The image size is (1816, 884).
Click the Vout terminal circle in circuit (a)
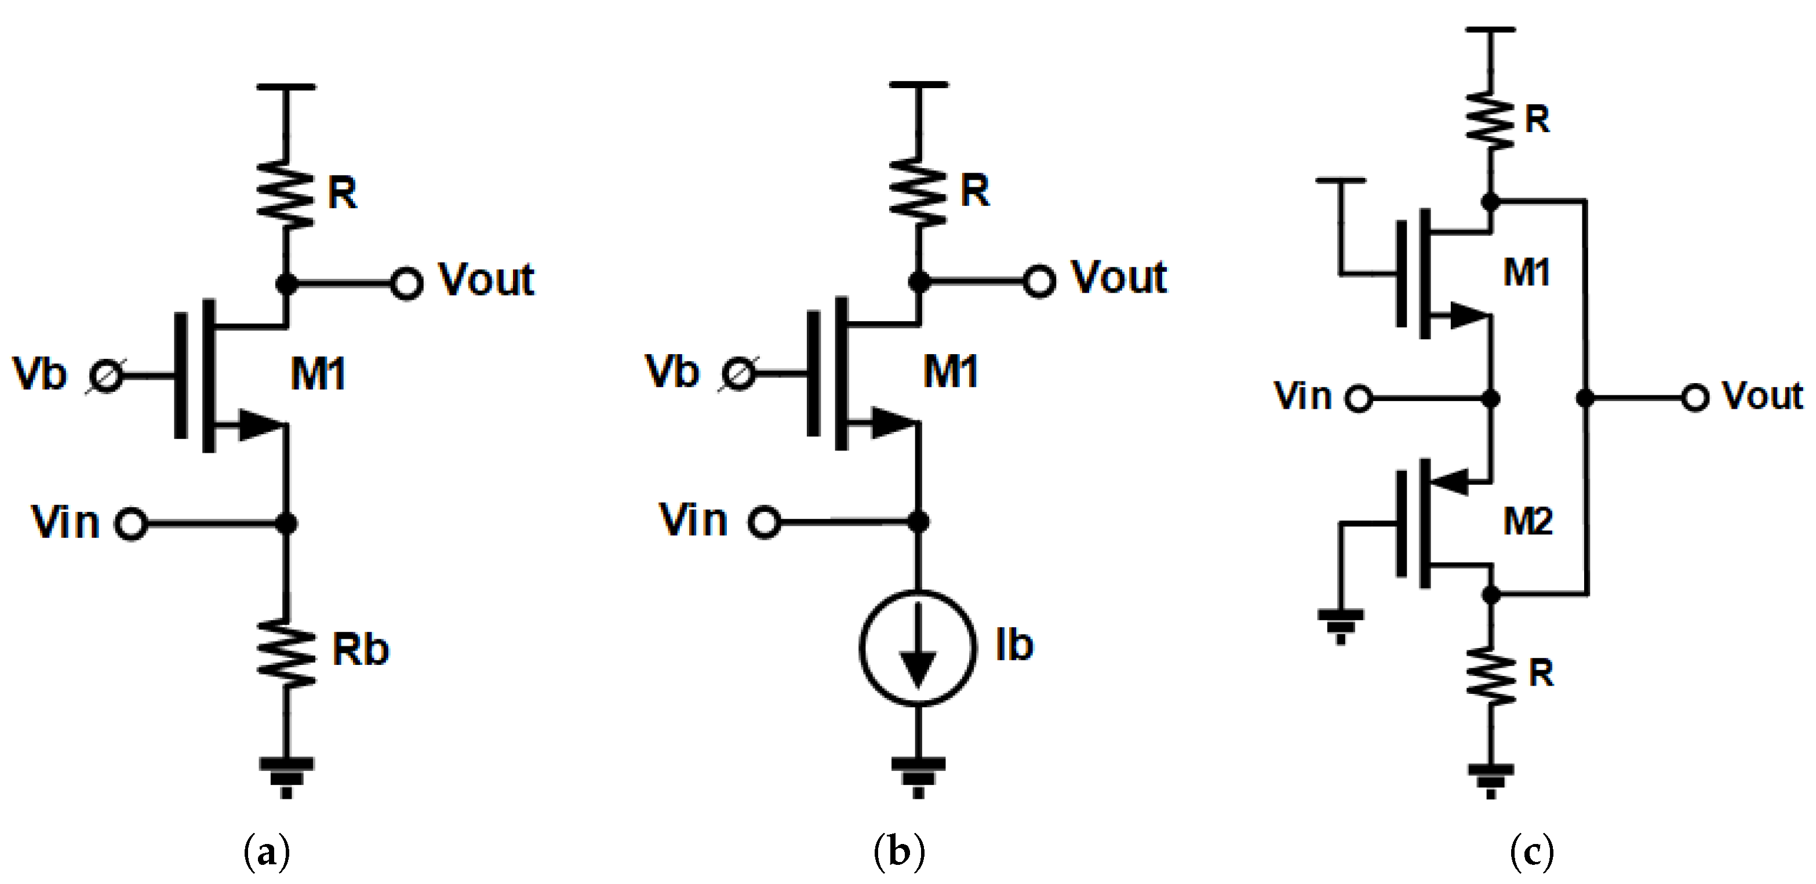point(407,284)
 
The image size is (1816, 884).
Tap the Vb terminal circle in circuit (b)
point(738,374)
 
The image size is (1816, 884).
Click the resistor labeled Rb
point(286,652)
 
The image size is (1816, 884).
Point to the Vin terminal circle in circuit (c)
point(1359,398)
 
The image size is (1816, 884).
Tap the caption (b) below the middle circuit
point(899,852)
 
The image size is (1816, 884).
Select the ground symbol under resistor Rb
point(286,776)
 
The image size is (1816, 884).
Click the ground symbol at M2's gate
point(1340,624)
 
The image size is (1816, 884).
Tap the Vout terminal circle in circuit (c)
point(1695,398)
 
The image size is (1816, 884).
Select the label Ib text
point(1014,645)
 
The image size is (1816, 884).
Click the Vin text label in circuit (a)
point(65,523)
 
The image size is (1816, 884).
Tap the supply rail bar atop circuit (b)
point(918,85)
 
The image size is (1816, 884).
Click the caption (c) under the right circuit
point(1532,852)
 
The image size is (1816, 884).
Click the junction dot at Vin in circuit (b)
point(918,522)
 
